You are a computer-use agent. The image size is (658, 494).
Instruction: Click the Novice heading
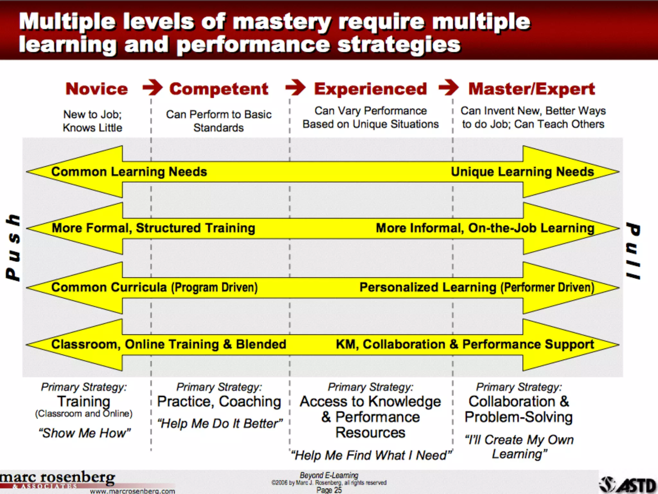(x=97, y=89)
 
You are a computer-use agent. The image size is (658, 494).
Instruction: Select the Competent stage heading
(x=218, y=89)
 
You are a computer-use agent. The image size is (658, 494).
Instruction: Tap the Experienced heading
(x=370, y=89)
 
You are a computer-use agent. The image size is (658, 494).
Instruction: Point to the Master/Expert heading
(x=532, y=89)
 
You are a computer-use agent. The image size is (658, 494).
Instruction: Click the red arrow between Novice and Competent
(x=153, y=87)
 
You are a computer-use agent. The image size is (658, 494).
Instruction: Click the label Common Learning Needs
(x=129, y=172)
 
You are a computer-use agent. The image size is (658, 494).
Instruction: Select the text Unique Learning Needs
(x=522, y=172)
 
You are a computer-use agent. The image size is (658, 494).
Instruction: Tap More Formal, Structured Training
(x=154, y=228)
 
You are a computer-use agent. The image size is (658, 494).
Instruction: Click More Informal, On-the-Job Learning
(x=485, y=228)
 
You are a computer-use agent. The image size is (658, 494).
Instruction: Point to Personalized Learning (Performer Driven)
(x=477, y=287)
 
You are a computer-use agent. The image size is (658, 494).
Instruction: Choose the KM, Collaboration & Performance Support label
(x=465, y=344)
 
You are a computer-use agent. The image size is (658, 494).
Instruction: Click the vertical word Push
(x=13, y=247)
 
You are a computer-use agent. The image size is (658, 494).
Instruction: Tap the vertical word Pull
(x=633, y=251)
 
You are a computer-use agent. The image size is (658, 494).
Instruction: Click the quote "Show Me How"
(x=85, y=433)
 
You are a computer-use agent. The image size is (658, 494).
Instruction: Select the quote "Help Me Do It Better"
(x=220, y=424)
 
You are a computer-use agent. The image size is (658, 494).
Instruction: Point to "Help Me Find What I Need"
(x=371, y=455)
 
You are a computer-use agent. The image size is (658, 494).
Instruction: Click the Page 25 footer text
(x=329, y=490)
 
